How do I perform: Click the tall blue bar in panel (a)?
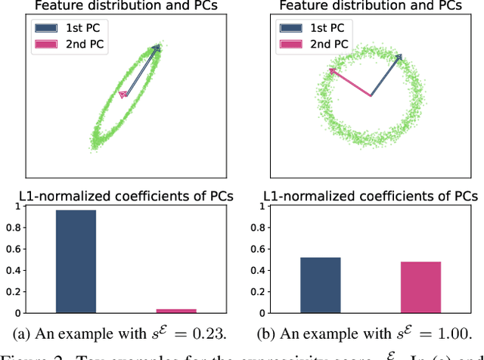(76, 261)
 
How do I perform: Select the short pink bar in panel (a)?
(175, 310)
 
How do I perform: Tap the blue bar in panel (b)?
(321, 284)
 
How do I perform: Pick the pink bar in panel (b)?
(420, 287)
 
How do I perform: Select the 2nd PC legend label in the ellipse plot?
(89, 44)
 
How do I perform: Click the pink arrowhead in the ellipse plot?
(122, 94)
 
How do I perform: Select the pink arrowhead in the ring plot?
(332, 71)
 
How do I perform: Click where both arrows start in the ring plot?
(371, 96)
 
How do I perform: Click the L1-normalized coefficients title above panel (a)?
(126, 196)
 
